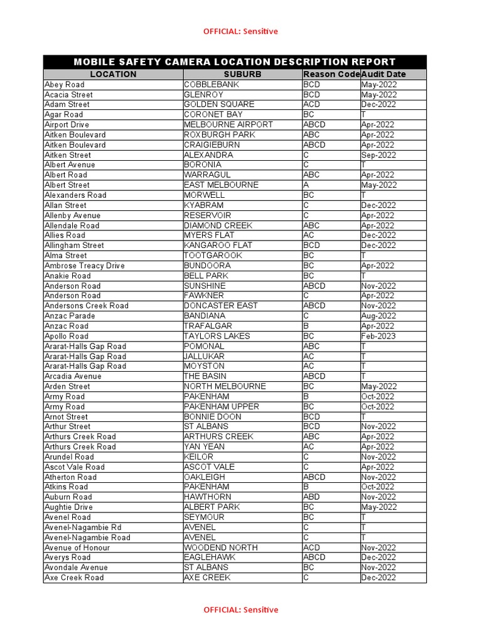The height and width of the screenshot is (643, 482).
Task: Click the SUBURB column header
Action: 242,74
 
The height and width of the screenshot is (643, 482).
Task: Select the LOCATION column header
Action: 113,74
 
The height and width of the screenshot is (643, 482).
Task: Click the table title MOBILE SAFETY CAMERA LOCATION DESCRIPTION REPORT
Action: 235,62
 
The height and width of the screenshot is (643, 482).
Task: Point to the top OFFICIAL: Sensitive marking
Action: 240,31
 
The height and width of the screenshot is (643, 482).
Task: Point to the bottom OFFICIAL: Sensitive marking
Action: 240,610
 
